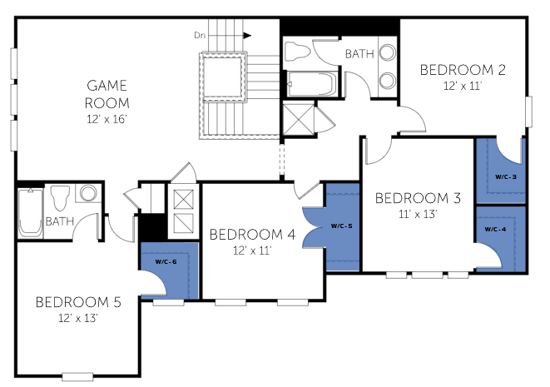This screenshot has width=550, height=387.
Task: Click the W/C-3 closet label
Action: tap(505, 176)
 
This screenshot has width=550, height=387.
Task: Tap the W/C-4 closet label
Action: tap(495, 230)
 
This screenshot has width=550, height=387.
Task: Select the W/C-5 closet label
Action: tap(341, 226)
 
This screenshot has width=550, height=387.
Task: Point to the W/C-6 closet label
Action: tap(166, 261)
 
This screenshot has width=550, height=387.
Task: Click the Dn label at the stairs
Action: tap(200, 36)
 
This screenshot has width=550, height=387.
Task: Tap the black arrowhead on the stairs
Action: tap(248, 36)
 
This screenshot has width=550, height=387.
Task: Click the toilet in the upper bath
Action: tap(297, 52)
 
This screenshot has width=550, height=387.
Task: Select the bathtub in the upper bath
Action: tap(311, 84)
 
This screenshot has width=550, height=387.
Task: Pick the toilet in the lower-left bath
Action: tap(61, 198)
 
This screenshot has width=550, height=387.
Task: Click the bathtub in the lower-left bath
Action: tap(31, 212)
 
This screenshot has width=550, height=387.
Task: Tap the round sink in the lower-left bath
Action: tap(88, 193)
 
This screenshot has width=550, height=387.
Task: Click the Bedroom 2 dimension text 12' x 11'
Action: tap(463, 86)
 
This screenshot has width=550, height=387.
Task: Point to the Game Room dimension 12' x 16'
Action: tap(107, 119)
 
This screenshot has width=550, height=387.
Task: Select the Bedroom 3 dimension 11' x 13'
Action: tap(418, 214)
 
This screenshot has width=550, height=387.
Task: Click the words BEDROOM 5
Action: tap(78, 302)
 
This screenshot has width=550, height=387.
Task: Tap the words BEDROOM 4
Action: tap(252, 235)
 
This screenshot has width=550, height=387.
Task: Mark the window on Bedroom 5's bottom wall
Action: tap(77, 377)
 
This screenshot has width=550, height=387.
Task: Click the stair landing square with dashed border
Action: tap(224, 76)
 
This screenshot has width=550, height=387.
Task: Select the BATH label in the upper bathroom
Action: tap(359, 54)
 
